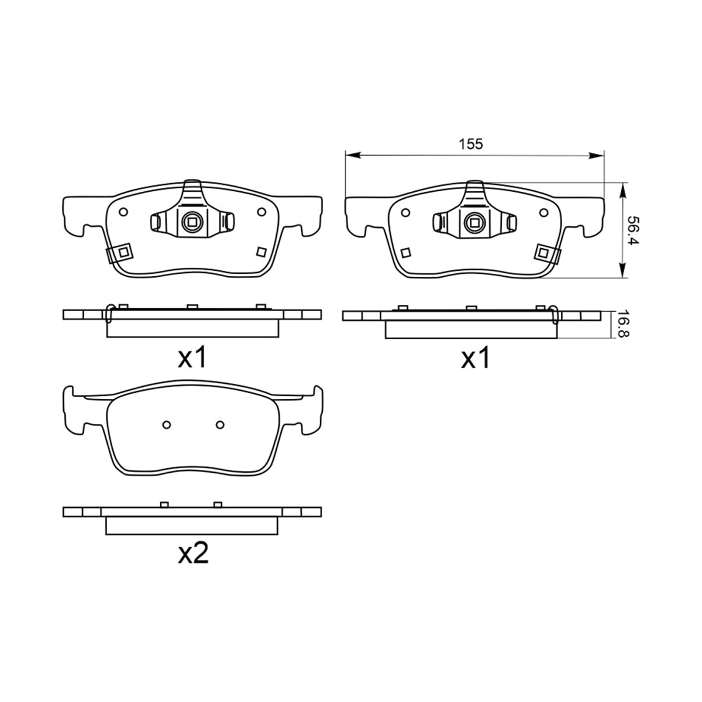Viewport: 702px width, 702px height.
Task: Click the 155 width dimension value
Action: click(x=471, y=144)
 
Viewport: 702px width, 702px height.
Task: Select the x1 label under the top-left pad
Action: click(x=192, y=357)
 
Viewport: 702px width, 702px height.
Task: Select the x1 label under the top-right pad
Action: click(x=475, y=358)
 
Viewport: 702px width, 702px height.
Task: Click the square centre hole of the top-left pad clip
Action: click(x=192, y=221)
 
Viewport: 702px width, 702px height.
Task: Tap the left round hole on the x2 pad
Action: click(x=167, y=424)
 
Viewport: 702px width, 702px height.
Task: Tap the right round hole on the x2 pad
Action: click(x=220, y=424)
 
